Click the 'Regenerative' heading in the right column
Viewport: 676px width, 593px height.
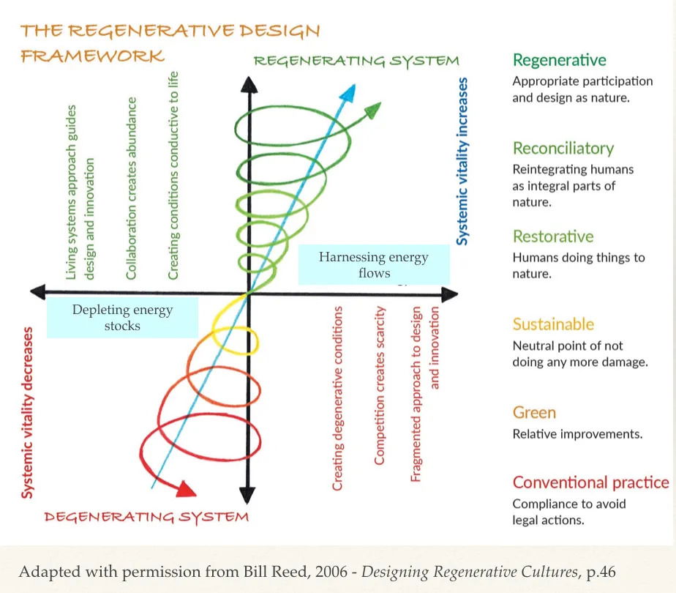tap(560, 60)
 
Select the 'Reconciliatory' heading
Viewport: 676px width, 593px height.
tap(563, 149)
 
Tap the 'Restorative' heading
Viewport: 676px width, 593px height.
tap(553, 236)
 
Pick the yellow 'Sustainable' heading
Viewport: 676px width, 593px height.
tap(553, 324)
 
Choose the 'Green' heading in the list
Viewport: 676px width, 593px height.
tap(534, 413)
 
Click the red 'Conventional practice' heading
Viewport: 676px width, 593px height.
tap(590, 482)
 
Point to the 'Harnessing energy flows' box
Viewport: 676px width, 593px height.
tap(373, 265)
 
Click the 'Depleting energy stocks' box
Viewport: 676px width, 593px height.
tap(122, 318)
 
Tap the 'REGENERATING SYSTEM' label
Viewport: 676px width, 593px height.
tap(356, 61)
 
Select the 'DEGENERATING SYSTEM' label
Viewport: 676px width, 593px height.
tap(146, 517)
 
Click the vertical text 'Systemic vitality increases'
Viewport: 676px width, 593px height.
tap(462, 161)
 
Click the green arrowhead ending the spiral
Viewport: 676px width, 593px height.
tap(372, 111)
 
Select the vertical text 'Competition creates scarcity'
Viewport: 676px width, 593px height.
tap(379, 386)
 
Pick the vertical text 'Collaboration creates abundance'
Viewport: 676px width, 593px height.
tap(132, 188)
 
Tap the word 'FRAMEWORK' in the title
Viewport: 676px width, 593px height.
tap(92, 56)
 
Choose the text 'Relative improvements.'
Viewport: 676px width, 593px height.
tap(577, 434)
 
